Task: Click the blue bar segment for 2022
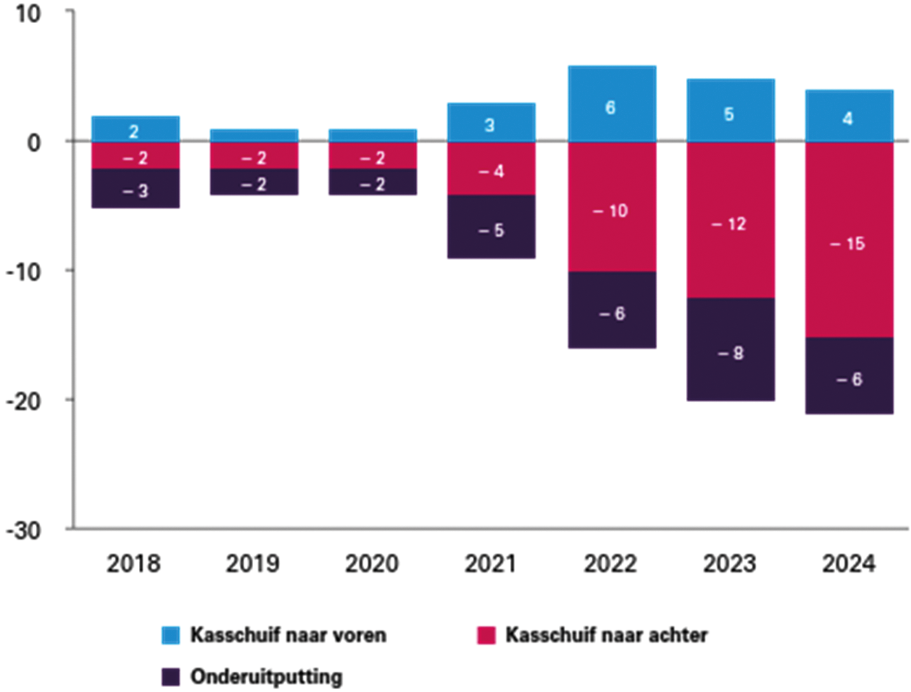[x=611, y=104]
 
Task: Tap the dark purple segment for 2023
[x=730, y=350]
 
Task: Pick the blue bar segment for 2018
[x=135, y=129]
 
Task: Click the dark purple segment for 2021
[x=491, y=227]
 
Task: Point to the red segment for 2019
[x=254, y=156]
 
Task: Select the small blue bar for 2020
[x=372, y=135]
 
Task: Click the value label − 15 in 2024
[x=848, y=244]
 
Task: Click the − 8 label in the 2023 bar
[x=730, y=353]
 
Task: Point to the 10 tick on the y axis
[x=28, y=13]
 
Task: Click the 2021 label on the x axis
[x=490, y=564]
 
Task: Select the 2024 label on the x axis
[x=849, y=564]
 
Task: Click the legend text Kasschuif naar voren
[x=288, y=635]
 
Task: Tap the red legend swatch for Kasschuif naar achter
[x=486, y=635]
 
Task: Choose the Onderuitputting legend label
[x=266, y=677]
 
